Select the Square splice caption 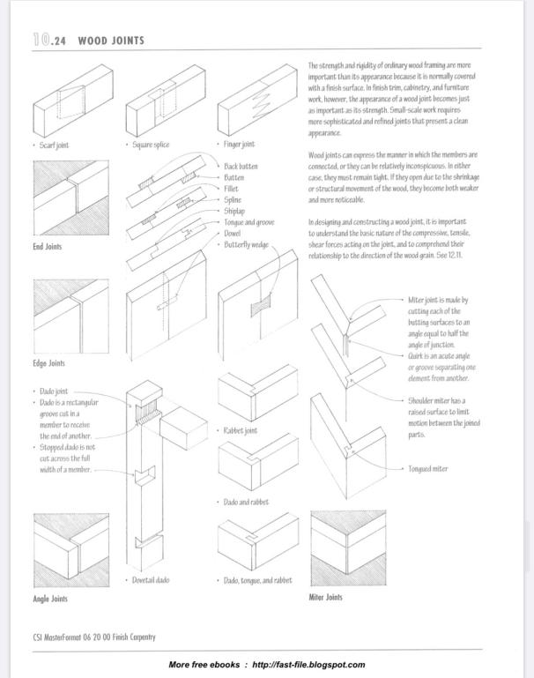point(151,145)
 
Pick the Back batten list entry point(241,166)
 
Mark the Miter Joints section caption point(326,597)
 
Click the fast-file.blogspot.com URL point(308,665)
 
